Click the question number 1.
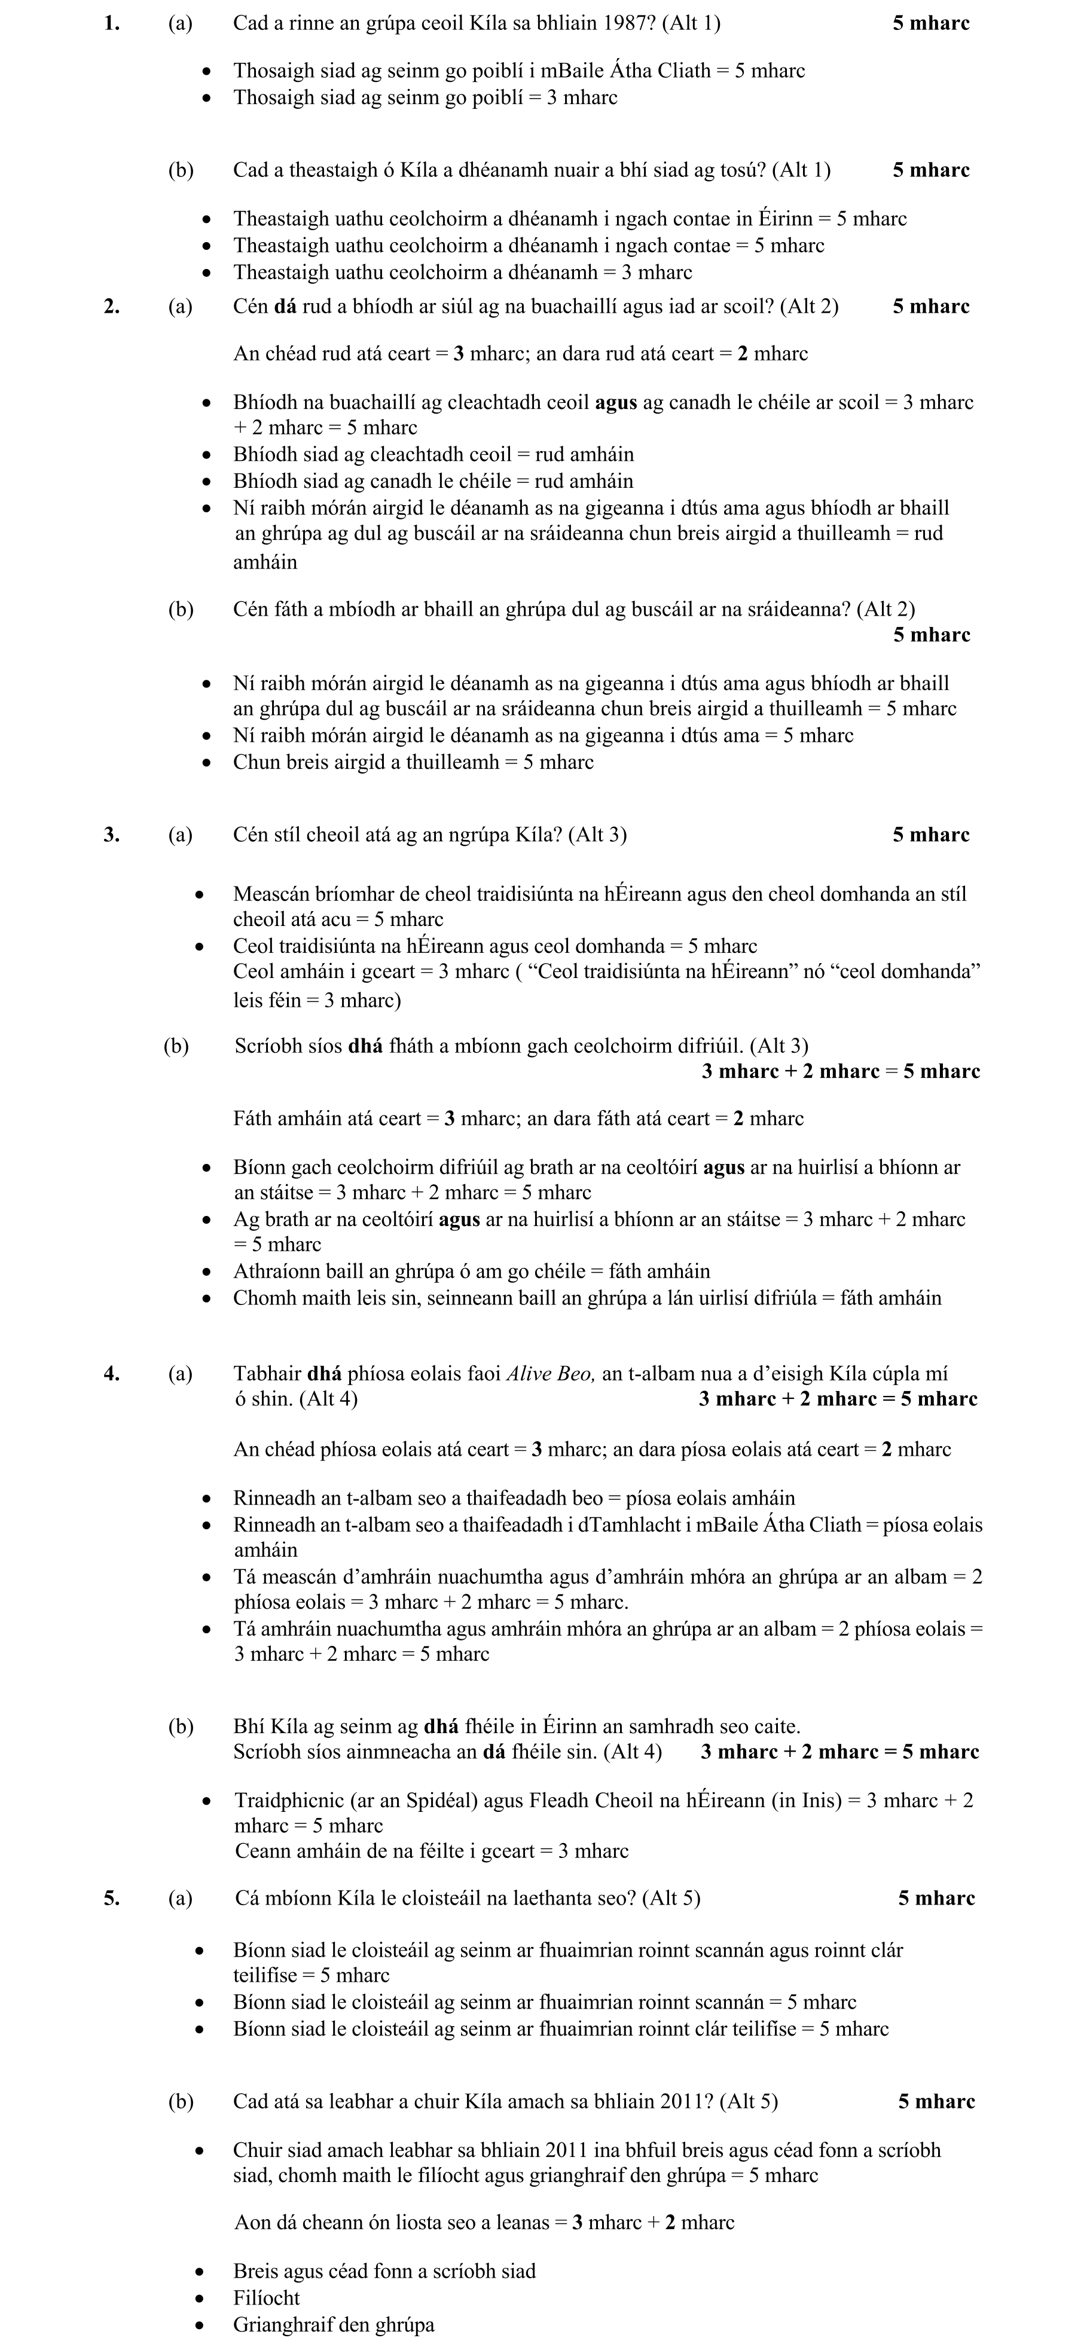[x=111, y=24]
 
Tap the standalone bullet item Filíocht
[x=266, y=2298]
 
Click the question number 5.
[x=111, y=1898]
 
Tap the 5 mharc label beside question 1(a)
[x=930, y=24]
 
